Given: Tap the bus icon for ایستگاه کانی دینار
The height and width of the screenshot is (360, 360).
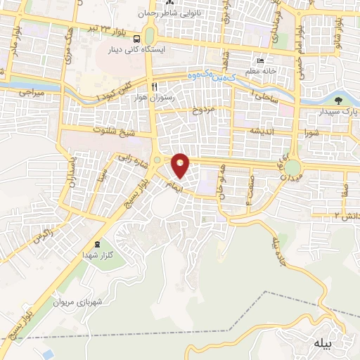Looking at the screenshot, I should [136, 39].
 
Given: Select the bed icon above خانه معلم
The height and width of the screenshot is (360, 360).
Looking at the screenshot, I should [262, 61].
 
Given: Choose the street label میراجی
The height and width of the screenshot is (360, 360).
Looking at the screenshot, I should [31, 92].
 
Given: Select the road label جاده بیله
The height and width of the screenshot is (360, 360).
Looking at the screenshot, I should [278, 246].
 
